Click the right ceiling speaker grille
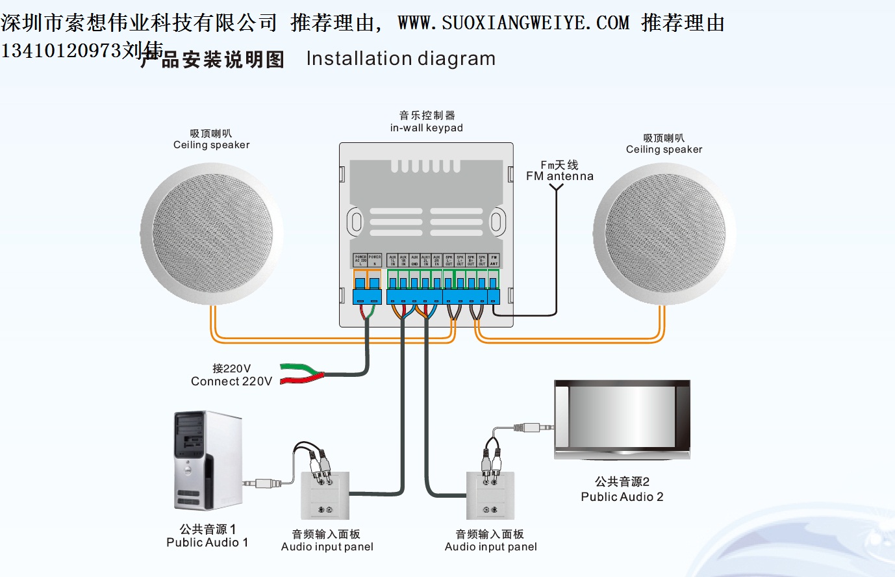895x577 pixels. (x=664, y=234)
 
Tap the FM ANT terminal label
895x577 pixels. (x=494, y=261)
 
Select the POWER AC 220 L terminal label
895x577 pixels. (x=360, y=261)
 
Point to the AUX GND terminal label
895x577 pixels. (x=414, y=261)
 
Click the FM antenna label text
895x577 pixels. (x=559, y=176)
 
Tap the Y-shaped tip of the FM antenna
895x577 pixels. (x=556, y=188)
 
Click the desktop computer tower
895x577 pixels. (x=207, y=460)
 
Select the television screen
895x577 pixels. (x=622, y=417)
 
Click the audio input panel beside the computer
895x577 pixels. (x=325, y=495)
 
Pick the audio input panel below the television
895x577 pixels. (x=490, y=495)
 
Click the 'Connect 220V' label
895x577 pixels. (x=231, y=381)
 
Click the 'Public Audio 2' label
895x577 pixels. (x=622, y=497)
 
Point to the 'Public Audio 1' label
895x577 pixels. (x=207, y=543)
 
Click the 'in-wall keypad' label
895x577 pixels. (x=426, y=128)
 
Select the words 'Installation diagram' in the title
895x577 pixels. (x=401, y=59)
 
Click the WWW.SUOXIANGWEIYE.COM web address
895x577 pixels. (x=513, y=23)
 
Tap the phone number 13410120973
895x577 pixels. (x=61, y=51)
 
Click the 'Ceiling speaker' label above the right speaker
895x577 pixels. (x=664, y=149)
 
